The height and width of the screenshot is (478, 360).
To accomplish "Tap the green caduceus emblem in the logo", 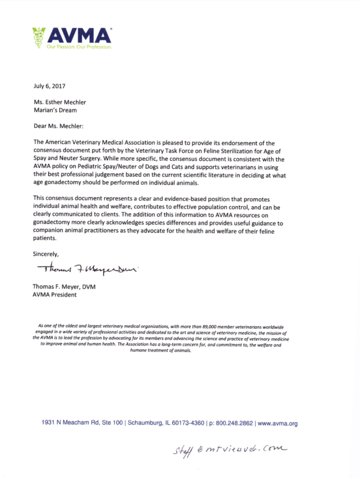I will click(39, 38).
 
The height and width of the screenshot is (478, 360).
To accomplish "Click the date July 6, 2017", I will click(49, 86).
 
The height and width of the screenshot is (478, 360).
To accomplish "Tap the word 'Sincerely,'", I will click(46, 254).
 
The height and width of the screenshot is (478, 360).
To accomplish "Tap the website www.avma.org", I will click(278, 423).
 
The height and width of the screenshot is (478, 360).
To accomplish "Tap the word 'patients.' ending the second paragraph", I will click(46, 237).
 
